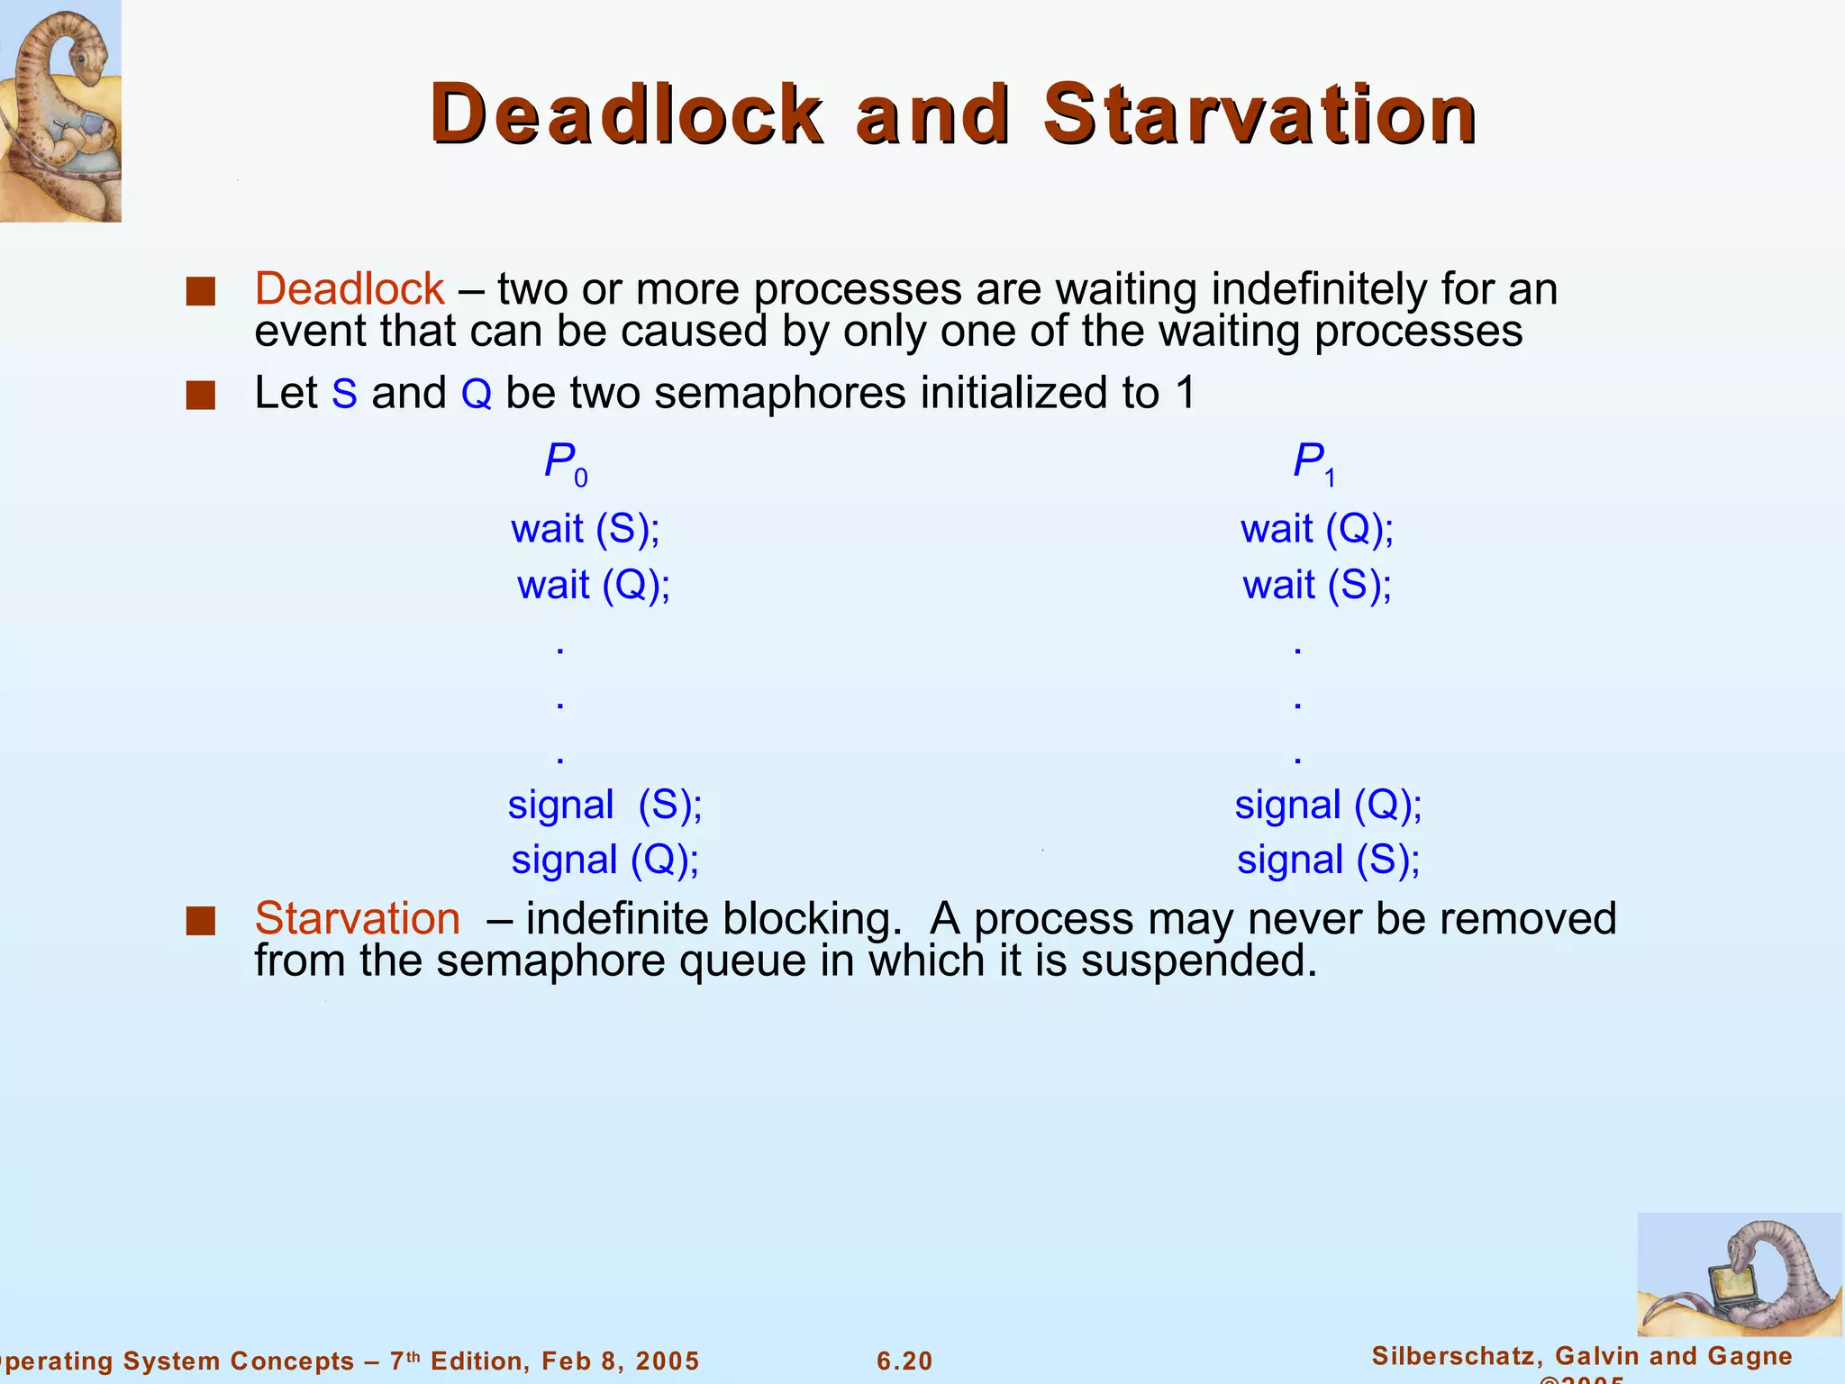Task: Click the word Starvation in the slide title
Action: [1259, 114]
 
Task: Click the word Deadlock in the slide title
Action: [626, 114]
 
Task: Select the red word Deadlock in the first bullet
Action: [350, 289]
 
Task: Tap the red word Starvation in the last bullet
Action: [358, 919]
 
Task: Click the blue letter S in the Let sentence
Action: [344, 395]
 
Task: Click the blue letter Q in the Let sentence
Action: [477, 395]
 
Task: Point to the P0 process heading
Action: [565, 464]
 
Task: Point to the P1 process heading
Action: [1313, 464]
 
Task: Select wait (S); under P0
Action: [586, 529]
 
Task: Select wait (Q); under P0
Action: [594, 586]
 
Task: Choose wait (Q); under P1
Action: [1317, 529]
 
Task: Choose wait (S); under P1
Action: [1317, 586]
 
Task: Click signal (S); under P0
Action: [604, 805]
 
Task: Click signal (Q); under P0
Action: [605, 860]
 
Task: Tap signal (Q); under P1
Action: [1328, 805]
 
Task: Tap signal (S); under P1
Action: [1328, 860]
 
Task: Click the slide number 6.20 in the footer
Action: [904, 1361]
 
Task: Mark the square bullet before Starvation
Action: [200, 921]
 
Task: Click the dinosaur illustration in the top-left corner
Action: [59, 110]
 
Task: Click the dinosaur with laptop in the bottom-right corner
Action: [1739, 1275]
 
